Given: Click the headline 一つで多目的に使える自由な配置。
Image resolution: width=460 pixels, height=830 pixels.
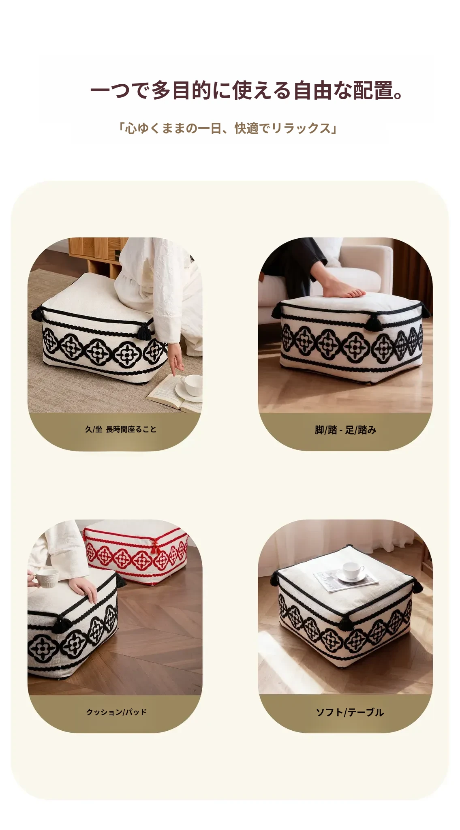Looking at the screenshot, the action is (x=247, y=90).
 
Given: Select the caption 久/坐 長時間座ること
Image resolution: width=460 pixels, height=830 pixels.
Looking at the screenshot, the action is (x=121, y=429).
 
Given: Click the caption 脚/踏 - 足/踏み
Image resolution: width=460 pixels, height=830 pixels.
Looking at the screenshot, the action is (x=346, y=430).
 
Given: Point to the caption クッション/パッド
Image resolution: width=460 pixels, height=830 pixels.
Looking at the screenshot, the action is (x=116, y=712).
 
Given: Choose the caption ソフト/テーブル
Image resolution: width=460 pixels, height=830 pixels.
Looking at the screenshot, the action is (x=350, y=712).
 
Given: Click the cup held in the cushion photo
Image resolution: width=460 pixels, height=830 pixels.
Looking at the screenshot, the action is (x=48, y=578).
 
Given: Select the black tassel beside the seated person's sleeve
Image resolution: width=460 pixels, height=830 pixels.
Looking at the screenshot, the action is (x=144, y=329).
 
